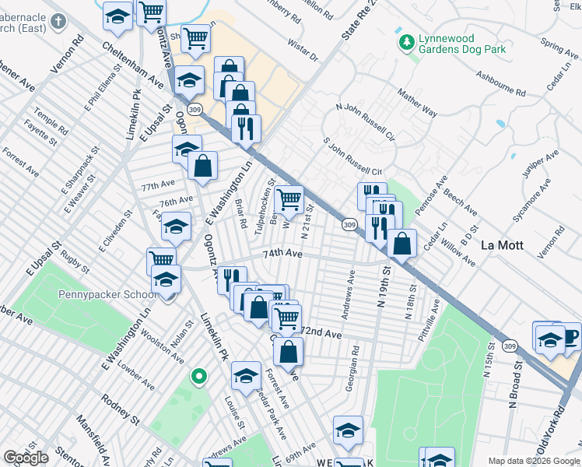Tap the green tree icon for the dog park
click(405, 41)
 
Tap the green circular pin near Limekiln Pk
click(199, 377)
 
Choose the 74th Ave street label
click(282, 254)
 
